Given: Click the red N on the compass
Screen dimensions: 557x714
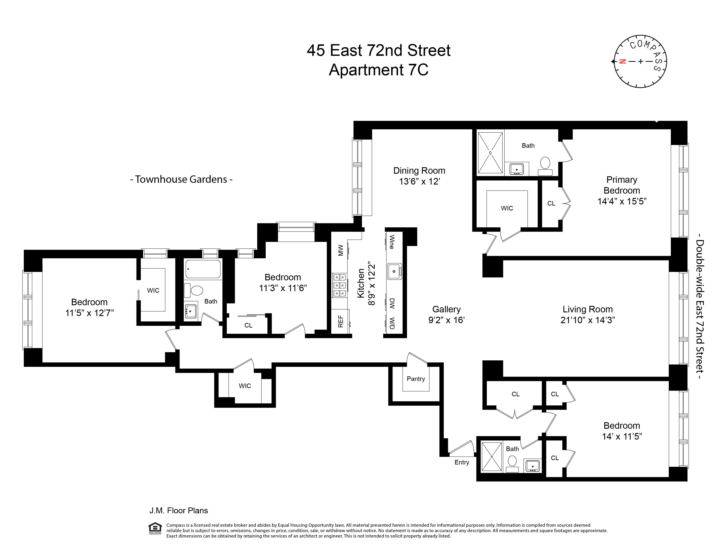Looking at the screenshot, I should [x=622, y=61].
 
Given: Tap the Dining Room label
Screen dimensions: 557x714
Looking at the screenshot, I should [x=419, y=171].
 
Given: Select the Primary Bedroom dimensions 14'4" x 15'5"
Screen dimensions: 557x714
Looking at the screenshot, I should [x=622, y=201].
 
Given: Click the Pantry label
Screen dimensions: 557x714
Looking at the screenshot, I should [x=415, y=379].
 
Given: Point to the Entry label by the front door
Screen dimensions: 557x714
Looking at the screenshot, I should [x=462, y=462].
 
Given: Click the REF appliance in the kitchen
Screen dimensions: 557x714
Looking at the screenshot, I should [x=341, y=321].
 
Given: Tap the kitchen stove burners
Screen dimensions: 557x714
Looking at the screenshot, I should [x=339, y=285].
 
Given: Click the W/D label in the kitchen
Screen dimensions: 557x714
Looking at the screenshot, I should [x=392, y=323].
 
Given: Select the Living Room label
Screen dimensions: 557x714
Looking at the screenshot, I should [x=587, y=309].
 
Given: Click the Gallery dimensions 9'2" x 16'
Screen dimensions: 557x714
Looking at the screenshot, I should [x=447, y=320].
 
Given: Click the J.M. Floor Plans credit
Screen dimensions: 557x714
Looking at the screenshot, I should [x=178, y=510].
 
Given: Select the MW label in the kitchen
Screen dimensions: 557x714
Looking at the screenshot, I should [x=340, y=250].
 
